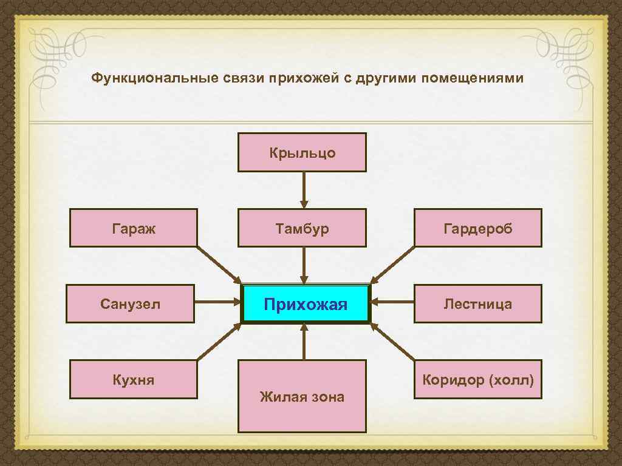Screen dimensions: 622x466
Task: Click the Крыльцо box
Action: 302,152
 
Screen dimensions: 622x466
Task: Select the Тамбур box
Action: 302,228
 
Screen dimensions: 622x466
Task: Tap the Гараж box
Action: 134,228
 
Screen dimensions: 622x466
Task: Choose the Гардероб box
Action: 477,228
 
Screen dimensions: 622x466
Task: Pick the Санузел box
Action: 130,303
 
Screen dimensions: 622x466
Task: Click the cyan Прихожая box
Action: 306,303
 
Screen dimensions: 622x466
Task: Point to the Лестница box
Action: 477,303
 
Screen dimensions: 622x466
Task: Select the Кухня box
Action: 134,379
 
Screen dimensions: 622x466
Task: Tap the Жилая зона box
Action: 302,396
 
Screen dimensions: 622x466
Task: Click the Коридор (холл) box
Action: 477,379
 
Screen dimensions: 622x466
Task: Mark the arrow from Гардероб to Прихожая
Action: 392,265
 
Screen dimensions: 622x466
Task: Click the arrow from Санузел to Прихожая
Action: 217,301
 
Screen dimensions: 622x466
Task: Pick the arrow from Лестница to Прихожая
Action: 392,301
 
